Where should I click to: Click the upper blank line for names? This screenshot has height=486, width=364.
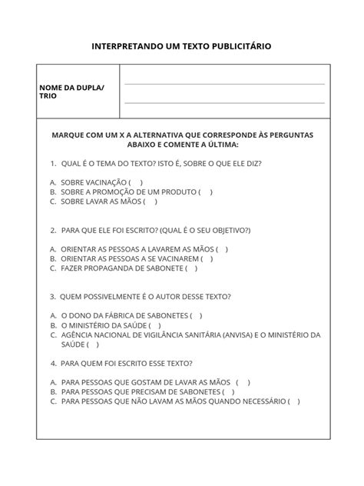click(x=224, y=84)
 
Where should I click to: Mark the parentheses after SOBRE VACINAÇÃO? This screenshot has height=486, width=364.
click(x=136, y=182)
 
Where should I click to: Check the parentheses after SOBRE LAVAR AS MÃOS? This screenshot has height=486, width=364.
click(x=150, y=201)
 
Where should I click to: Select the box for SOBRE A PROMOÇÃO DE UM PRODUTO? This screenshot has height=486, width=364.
click(x=205, y=192)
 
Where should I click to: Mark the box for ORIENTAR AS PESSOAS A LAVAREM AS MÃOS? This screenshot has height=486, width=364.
click(x=221, y=249)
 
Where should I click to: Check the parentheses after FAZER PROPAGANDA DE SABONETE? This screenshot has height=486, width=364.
click(x=191, y=268)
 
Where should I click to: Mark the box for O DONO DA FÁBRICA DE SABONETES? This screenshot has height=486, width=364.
click(x=196, y=315)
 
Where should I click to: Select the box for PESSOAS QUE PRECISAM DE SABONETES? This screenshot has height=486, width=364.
click(x=228, y=391)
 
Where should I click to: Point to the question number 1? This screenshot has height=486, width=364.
click(x=53, y=164)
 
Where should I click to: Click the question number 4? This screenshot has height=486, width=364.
click(x=53, y=363)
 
